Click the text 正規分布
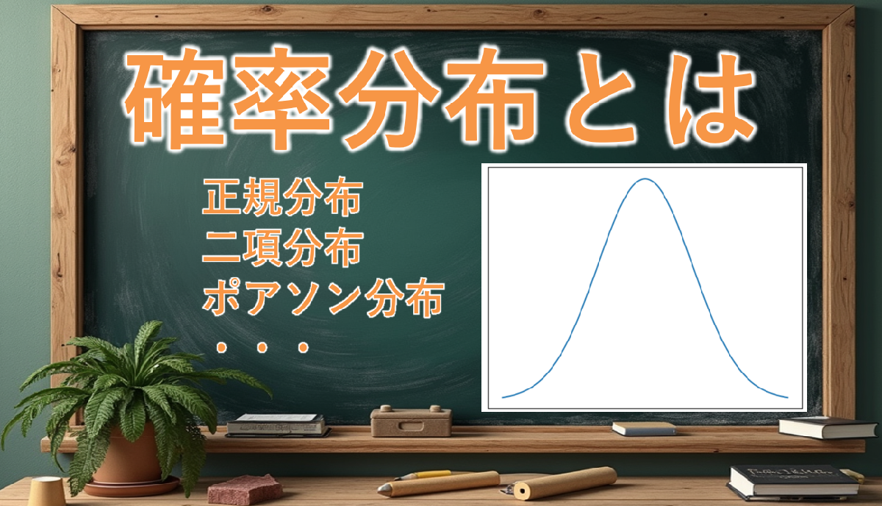[x=282, y=196]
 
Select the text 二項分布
[x=282, y=247]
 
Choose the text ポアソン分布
[x=323, y=298]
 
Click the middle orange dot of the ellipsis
[x=262, y=347]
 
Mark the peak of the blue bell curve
[x=645, y=179]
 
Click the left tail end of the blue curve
[x=503, y=397]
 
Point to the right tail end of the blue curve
[x=787, y=397]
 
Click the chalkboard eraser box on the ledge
[x=411, y=421]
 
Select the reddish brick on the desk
[x=245, y=490]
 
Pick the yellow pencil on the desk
[x=423, y=474]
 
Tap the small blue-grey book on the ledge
[x=644, y=429]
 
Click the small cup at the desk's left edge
[x=46, y=491]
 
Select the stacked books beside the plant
[x=278, y=426]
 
